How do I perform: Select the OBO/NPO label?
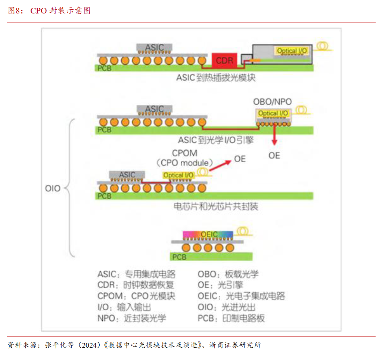pos(272,102)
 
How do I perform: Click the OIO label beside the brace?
pos(53,188)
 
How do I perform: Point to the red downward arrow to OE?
pos(274,134)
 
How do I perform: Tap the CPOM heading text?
pos(184,153)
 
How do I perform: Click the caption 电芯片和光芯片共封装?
pos(216,207)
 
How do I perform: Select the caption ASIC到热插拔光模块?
pos(216,78)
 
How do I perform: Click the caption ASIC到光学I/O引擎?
pos(216,140)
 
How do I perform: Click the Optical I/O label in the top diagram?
pos(292,51)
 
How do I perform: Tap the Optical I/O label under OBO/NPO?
pos(273,113)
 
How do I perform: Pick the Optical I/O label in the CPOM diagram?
pos(178,175)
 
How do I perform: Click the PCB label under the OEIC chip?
pos(179,257)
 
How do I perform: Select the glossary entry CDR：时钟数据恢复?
pos(136,285)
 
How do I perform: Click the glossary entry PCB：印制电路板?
pos(231,318)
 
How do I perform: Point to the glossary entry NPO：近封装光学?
pos(132,318)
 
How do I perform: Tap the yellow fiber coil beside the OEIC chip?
pos(243,231)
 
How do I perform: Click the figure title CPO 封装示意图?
pos(60,10)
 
